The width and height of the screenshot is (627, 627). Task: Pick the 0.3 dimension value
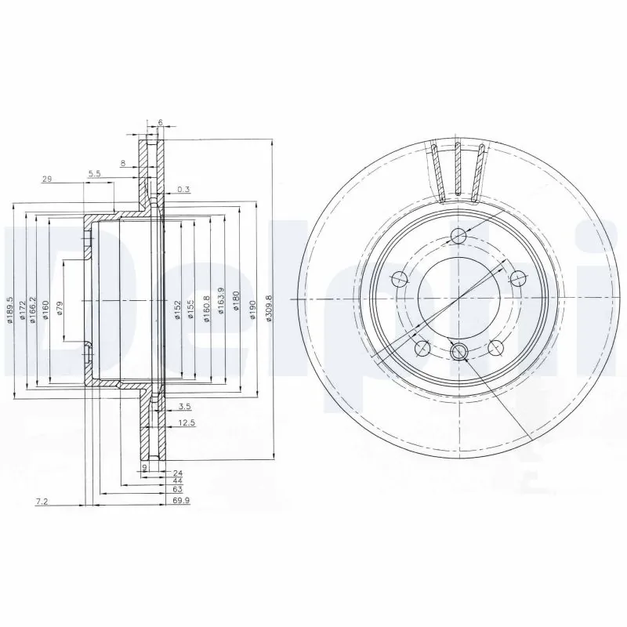[x=183, y=189]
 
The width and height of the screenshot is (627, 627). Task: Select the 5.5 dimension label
[x=95, y=173]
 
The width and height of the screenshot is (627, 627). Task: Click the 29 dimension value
[x=46, y=179]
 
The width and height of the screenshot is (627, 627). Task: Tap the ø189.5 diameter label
[x=10, y=310]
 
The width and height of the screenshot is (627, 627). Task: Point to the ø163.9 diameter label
[x=222, y=299]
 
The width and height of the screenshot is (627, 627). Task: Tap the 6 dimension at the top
[x=159, y=122]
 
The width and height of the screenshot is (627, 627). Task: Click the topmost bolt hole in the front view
[x=458, y=237]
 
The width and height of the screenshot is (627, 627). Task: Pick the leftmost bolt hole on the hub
[x=398, y=277]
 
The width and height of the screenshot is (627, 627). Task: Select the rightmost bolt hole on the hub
[x=519, y=277]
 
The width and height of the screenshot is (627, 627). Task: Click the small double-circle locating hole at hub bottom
[x=459, y=350]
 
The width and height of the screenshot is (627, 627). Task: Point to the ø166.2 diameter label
[x=32, y=309]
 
